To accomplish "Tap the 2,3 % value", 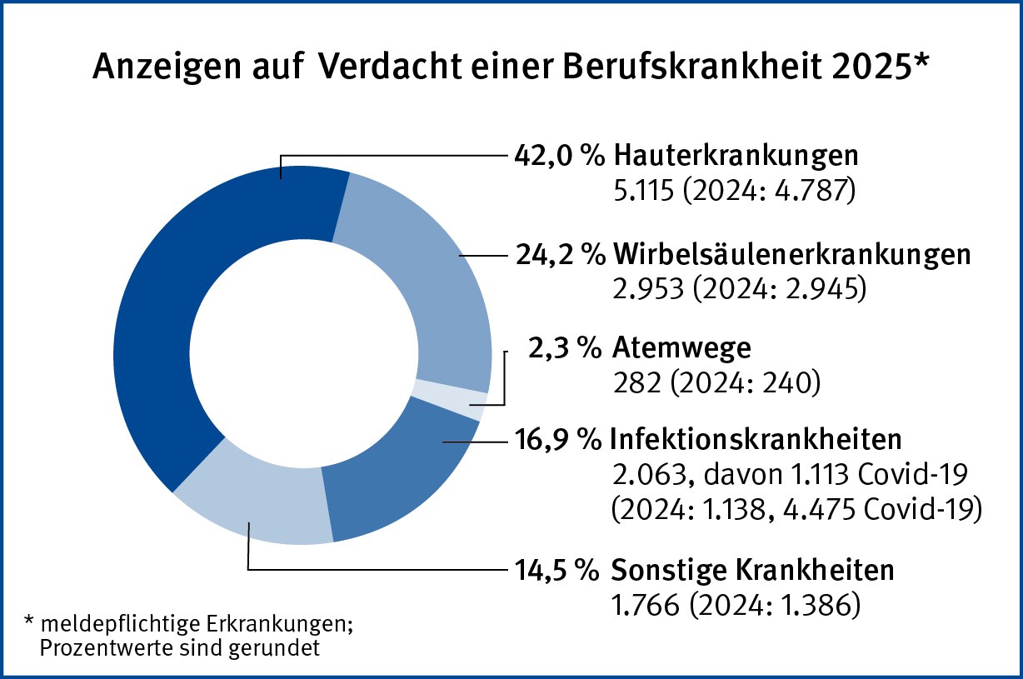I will click(x=564, y=348).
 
